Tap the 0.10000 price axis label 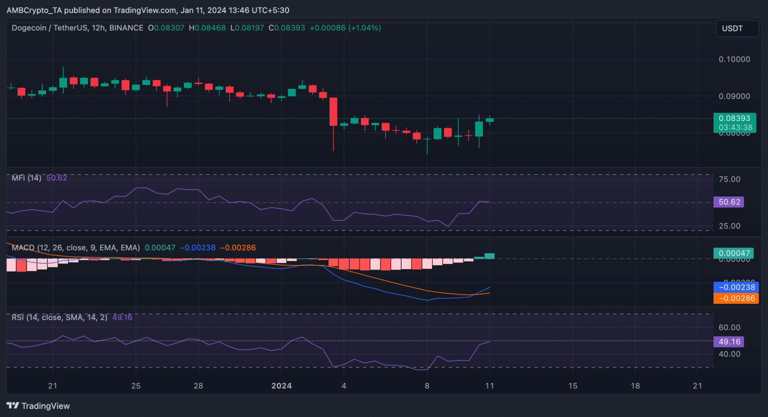[x=734, y=59]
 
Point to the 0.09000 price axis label [x=734, y=96]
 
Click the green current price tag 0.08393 [x=734, y=118]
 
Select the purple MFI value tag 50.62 [x=729, y=202]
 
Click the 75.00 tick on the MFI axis [x=729, y=179]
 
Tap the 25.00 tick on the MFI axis [x=729, y=226]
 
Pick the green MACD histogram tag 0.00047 [x=734, y=253]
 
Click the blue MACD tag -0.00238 [x=736, y=287]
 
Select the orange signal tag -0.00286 [x=736, y=298]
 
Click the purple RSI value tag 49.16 [x=729, y=342]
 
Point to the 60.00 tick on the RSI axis [x=729, y=327]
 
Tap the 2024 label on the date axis [x=281, y=385]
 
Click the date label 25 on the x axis [x=135, y=385]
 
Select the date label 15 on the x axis [x=573, y=385]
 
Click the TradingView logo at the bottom [x=38, y=406]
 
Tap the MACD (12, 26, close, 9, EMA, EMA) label [x=75, y=247]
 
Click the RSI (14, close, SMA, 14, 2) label [x=59, y=317]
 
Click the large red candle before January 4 [x=333, y=111]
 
